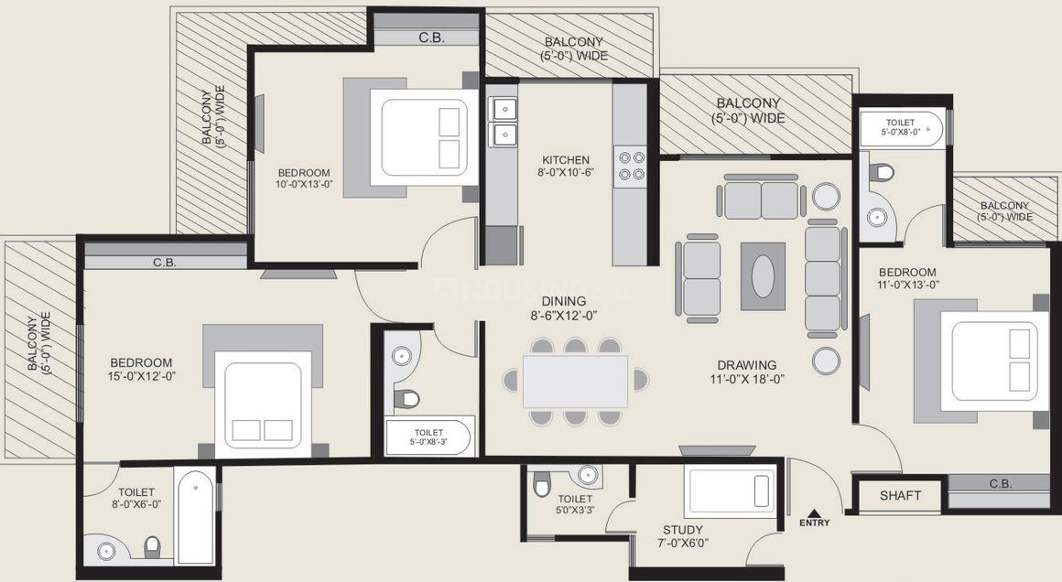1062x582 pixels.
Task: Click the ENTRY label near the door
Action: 814,523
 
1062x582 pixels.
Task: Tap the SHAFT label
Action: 900,496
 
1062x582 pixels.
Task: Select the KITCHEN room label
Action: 566,159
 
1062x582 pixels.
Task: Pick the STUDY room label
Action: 683,530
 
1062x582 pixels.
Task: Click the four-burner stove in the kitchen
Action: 630,164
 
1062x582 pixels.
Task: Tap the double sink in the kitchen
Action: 503,123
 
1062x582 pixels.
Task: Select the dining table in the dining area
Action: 575,382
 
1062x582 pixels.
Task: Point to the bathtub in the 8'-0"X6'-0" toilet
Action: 196,517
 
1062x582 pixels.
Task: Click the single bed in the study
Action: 731,491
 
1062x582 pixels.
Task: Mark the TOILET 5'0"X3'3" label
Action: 574,504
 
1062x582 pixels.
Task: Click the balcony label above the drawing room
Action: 749,111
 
